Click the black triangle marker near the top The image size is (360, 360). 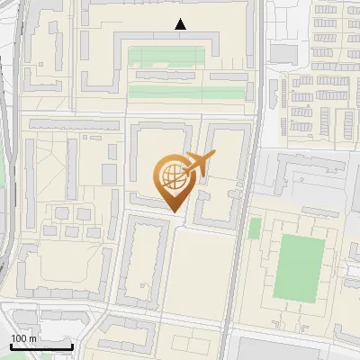pos(181,24)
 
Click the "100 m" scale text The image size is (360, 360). pos(23,338)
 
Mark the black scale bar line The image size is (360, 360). pos(41,346)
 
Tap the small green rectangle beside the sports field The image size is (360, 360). pos(255,229)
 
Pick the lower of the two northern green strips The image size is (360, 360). pos(185,91)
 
